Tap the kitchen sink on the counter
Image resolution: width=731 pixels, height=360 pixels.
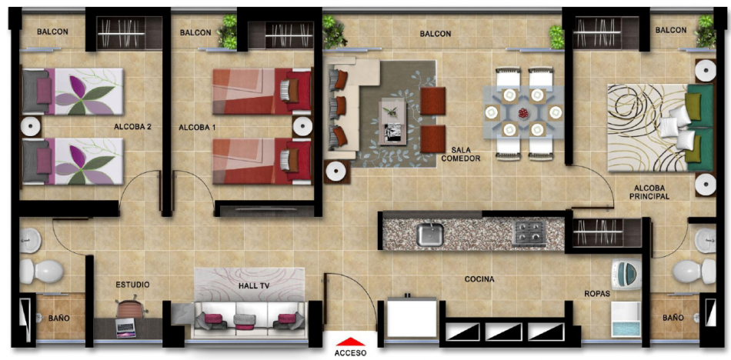[x=430, y=234]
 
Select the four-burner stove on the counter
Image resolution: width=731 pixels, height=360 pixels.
[x=529, y=233]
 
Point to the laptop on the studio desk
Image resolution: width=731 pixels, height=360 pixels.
[x=125, y=328]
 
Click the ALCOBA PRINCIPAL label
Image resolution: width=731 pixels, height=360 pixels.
[x=649, y=192]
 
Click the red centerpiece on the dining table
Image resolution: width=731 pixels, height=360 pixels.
[x=523, y=113]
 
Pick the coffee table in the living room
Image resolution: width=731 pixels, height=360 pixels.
[x=392, y=121]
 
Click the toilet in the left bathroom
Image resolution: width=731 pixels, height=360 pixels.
[x=42, y=272]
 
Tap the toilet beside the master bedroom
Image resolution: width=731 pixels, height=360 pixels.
[x=694, y=272]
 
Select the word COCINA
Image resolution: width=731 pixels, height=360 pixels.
[x=479, y=279]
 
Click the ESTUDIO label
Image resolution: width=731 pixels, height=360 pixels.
[x=132, y=285]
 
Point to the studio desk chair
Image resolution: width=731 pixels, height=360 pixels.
[x=130, y=306]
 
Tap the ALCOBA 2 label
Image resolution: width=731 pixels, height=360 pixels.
[x=132, y=126]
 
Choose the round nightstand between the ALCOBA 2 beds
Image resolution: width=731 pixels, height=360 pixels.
[x=31, y=126]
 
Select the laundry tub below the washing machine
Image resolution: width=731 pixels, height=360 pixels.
[x=626, y=319]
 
